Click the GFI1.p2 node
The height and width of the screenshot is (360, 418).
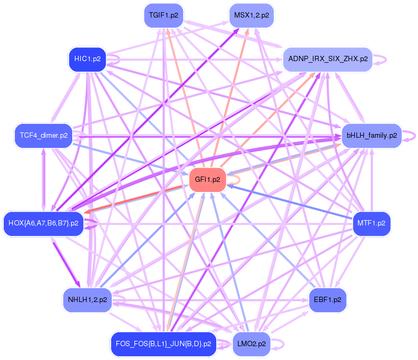208,179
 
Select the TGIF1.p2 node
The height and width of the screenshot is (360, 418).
163,15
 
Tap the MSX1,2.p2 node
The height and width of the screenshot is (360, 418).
251,15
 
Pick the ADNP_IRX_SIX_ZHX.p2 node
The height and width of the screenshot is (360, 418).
327,59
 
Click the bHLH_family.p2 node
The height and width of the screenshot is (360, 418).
371,136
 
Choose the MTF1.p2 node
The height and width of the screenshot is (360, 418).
372,223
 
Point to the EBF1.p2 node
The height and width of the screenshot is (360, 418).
327,300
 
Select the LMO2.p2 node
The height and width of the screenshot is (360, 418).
251,344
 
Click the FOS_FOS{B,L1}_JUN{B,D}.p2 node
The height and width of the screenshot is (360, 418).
163,344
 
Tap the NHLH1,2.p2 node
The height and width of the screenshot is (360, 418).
87,300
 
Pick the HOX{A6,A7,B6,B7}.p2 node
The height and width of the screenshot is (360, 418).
43,223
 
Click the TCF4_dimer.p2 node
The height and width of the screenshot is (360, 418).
43,136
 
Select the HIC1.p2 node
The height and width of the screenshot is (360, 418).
87,59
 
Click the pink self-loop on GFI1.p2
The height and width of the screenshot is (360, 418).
236,180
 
